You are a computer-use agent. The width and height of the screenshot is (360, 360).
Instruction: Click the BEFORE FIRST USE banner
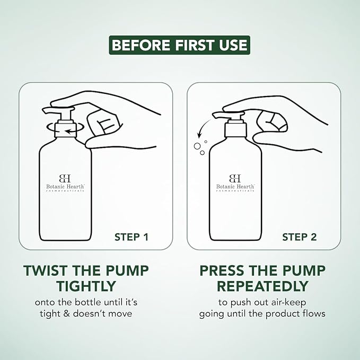pyautogui.click(x=179, y=45)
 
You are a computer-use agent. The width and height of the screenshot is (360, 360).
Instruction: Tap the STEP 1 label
pyautogui.click(x=131, y=237)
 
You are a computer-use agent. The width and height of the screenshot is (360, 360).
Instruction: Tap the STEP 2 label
pyautogui.click(x=300, y=237)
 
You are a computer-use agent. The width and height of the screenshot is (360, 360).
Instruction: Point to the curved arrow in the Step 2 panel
pyautogui.click(x=203, y=129)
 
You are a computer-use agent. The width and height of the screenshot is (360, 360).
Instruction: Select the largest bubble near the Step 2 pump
pyautogui.click(x=197, y=146)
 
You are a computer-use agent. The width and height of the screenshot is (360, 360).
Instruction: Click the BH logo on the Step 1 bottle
pyautogui.click(x=65, y=178)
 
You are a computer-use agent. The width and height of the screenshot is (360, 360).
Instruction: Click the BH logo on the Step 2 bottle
pyautogui.click(x=235, y=178)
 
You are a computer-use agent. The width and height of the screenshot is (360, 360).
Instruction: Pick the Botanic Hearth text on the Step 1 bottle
pyautogui.click(x=65, y=187)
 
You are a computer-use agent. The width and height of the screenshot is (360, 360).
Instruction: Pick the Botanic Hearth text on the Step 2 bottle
pyautogui.click(x=235, y=187)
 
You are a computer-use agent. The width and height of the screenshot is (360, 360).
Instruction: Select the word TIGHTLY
pyautogui.click(x=86, y=286)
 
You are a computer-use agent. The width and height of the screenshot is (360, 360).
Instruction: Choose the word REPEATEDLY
pyautogui.click(x=262, y=286)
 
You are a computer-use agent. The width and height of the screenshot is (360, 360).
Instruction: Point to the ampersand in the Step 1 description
pyautogui.click(x=67, y=314)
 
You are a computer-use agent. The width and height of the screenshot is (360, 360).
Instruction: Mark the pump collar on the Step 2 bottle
pyautogui.click(x=235, y=130)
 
